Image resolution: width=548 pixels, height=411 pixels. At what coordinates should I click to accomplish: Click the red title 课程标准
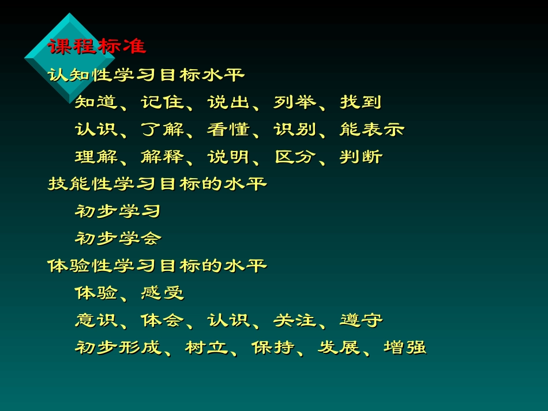pyautogui.click(x=97, y=46)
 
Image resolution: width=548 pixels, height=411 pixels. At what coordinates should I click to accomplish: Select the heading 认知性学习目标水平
pyautogui.click(x=146, y=75)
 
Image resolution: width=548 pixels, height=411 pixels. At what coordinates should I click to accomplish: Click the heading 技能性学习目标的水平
pyautogui.click(x=157, y=184)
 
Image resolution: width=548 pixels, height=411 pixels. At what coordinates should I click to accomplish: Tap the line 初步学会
pyautogui.click(x=118, y=238)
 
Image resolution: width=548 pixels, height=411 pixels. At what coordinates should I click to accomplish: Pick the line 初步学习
pyautogui.click(x=118, y=212)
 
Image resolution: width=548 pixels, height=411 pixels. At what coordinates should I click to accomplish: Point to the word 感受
pyautogui.click(x=162, y=293)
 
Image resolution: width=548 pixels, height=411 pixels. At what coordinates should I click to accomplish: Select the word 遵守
pyautogui.click(x=361, y=320)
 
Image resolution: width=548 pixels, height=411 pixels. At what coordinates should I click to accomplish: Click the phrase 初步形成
pyautogui.click(x=118, y=348)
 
